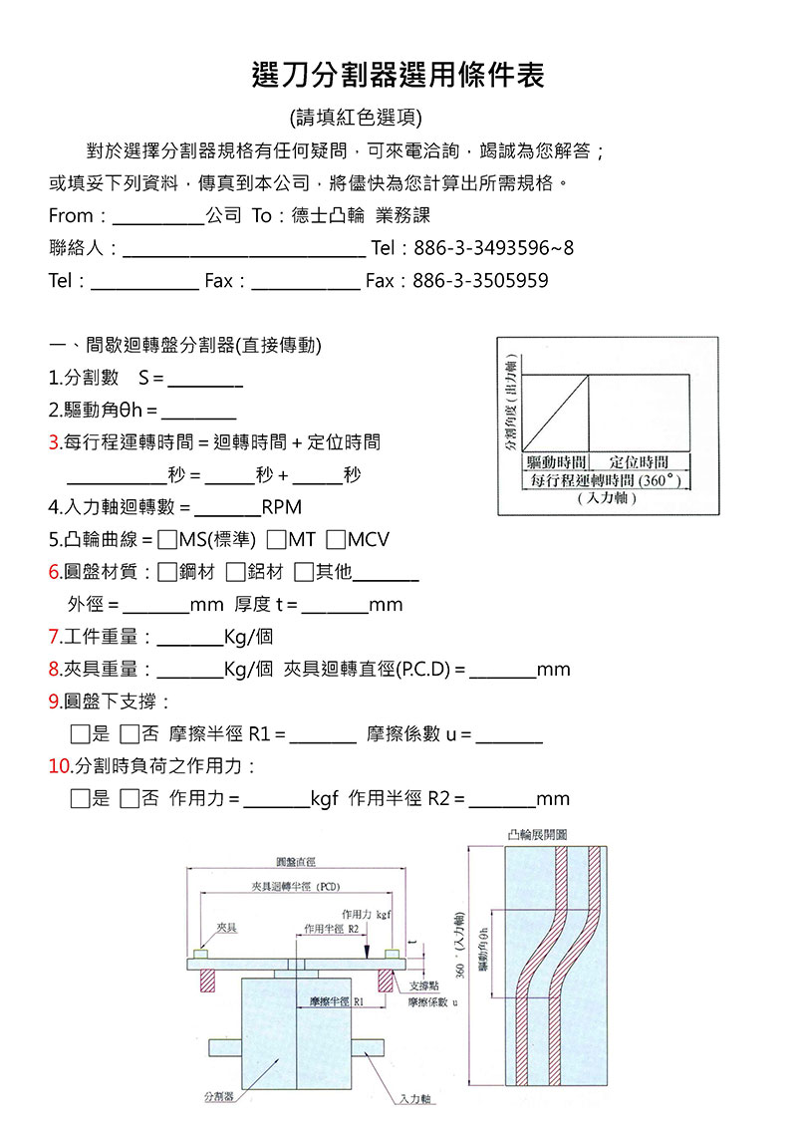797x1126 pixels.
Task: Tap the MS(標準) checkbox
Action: [167, 540]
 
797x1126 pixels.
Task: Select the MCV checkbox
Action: [335, 540]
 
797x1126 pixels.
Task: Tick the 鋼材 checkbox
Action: [167, 572]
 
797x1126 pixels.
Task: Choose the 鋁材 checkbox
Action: [235, 572]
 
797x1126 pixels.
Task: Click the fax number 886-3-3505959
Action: [480, 281]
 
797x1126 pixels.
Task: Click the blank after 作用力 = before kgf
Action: [276, 798]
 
